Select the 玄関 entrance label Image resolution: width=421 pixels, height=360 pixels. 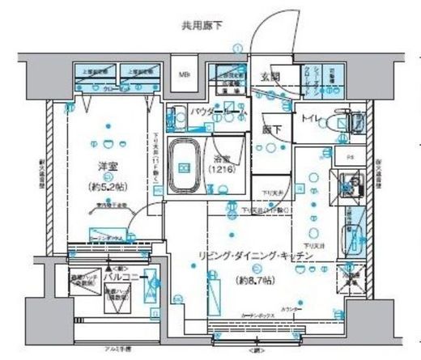270,77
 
